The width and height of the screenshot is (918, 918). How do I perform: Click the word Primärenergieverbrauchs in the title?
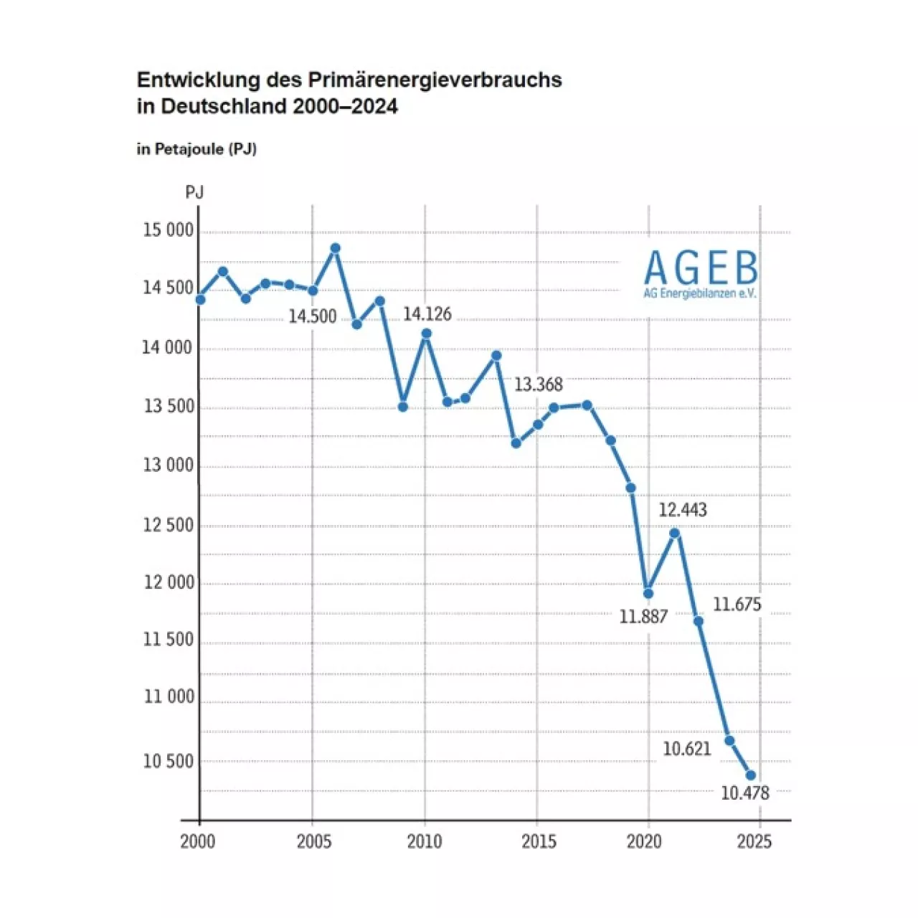pos(435,80)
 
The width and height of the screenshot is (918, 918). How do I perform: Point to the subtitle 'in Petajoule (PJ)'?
pos(197,149)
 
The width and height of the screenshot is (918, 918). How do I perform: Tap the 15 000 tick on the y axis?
pos(169,230)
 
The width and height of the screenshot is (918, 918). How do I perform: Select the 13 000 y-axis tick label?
pos(169,465)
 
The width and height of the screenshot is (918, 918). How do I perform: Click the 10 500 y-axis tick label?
pos(169,762)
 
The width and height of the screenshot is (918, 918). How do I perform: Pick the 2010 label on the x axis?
pos(425,841)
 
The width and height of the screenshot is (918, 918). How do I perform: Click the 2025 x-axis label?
pos(754,841)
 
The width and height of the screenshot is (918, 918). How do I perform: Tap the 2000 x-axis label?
pos(198,841)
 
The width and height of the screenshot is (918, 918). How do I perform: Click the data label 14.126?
pos(427,314)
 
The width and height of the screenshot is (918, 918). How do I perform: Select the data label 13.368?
pos(538,385)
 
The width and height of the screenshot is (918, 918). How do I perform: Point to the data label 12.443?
pos(682,510)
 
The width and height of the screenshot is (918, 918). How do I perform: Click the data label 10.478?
pos(744,793)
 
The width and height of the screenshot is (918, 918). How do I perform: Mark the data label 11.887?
pos(643,617)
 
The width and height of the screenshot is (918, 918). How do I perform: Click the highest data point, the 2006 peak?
pos(335,248)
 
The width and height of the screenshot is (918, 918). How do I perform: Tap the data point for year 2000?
pos(200,299)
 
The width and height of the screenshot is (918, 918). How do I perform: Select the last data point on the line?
pos(751,775)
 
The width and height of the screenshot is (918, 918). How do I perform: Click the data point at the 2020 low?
pos(648,593)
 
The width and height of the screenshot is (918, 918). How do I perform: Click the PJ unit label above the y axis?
pos(194,192)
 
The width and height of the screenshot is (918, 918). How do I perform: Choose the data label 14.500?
pos(312,316)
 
